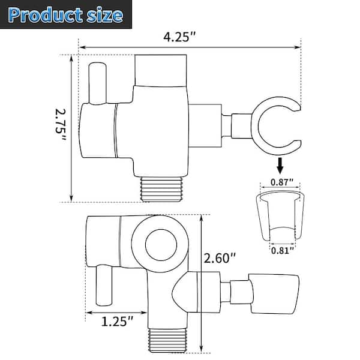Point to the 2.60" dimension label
point(220,260)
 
